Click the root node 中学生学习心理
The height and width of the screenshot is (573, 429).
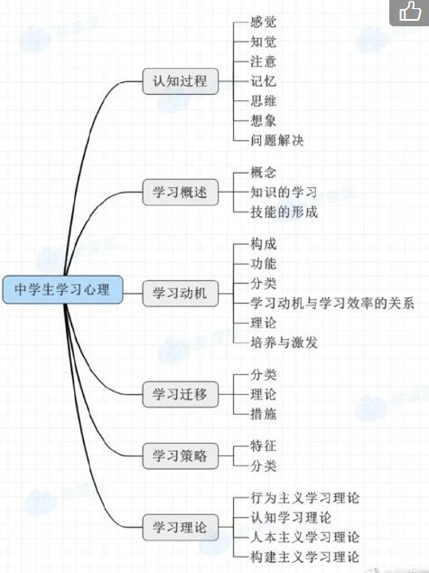62,290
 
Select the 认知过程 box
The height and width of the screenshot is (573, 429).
181,81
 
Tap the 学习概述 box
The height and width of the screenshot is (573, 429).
181,193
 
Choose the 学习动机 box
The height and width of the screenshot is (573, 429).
181,294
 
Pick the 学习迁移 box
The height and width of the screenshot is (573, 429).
181,394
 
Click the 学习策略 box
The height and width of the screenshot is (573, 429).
181,456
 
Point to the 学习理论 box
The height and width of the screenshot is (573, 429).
181,527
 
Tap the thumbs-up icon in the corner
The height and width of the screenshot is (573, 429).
410,12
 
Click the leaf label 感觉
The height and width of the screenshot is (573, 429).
263,23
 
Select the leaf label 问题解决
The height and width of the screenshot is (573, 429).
276,140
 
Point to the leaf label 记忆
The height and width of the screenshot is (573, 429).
263,81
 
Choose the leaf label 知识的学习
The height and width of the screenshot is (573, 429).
284,193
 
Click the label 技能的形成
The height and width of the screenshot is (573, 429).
284,212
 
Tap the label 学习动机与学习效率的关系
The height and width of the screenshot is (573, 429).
332,304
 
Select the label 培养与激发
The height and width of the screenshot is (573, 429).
284,343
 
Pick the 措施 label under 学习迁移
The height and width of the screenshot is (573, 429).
263,414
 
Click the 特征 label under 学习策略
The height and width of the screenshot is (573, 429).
263,446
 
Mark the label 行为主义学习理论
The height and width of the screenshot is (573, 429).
305,498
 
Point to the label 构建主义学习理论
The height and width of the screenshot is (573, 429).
305,557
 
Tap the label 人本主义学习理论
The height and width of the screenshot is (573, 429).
305,537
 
